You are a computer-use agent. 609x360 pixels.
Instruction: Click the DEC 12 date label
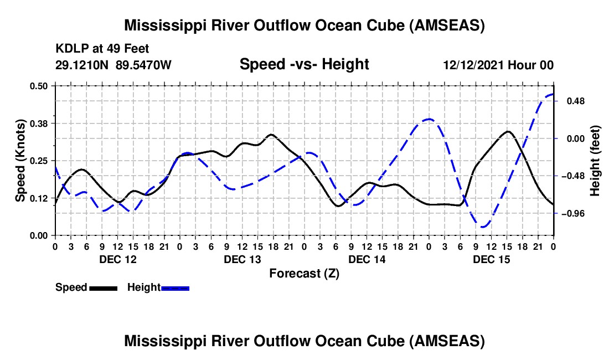pos(117,259)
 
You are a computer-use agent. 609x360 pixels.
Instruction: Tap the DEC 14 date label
pos(367,259)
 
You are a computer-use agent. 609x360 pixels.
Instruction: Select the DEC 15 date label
pos(491,259)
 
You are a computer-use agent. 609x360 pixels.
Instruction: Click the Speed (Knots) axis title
pos(20,161)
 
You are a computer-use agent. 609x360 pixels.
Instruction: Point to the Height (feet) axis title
pos(595,161)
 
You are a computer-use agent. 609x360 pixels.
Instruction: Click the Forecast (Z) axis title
pos(304,273)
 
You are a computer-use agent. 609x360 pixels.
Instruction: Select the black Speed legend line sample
pos(103,287)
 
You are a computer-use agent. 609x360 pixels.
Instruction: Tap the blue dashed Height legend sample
pos(176,287)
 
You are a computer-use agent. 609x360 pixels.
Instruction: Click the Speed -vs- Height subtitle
pos(304,64)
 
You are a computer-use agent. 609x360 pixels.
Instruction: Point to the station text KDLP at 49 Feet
pos(102,49)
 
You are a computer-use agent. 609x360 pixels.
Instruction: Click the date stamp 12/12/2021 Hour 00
pos(498,65)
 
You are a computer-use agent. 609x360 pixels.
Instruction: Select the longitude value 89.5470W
pos(144,65)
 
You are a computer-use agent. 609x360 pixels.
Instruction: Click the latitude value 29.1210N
pos(82,65)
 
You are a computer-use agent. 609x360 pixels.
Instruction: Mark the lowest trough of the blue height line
pos(483,227)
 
